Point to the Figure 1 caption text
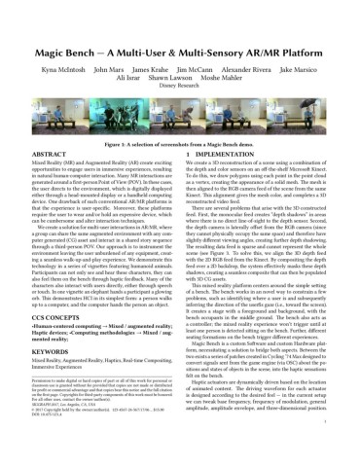point(180,143)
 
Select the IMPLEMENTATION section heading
point(223,155)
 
